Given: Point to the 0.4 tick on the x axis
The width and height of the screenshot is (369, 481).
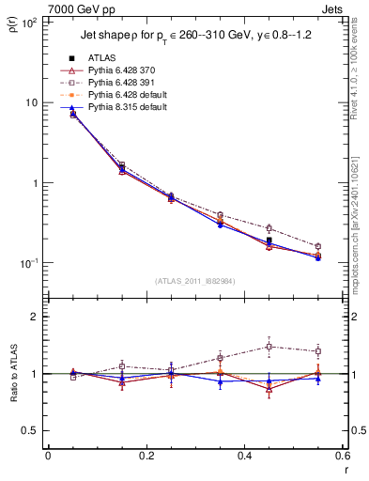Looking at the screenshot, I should tap(244, 457).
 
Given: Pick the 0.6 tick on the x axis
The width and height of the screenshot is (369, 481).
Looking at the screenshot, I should tap(342, 457).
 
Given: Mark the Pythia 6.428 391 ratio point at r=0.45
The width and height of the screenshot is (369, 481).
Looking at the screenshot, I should tap(269, 347).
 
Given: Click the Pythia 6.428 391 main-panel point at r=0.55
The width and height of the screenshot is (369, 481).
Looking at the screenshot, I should tap(317, 246).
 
